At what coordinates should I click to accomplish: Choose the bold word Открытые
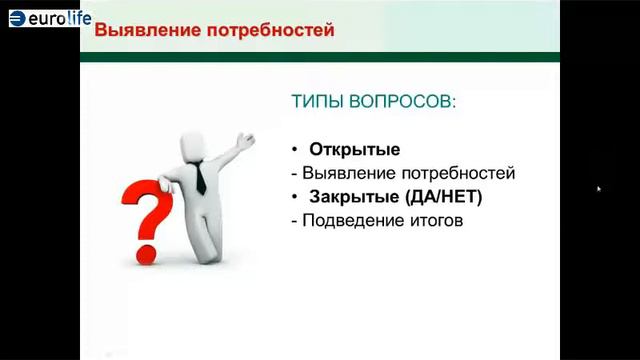click(x=354, y=150)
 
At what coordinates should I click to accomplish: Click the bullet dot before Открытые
click(x=295, y=150)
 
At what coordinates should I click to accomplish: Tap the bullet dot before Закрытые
click(x=295, y=197)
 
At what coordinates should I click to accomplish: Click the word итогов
click(x=436, y=220)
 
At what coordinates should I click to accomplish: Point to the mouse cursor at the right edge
click(x=598, y=188)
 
